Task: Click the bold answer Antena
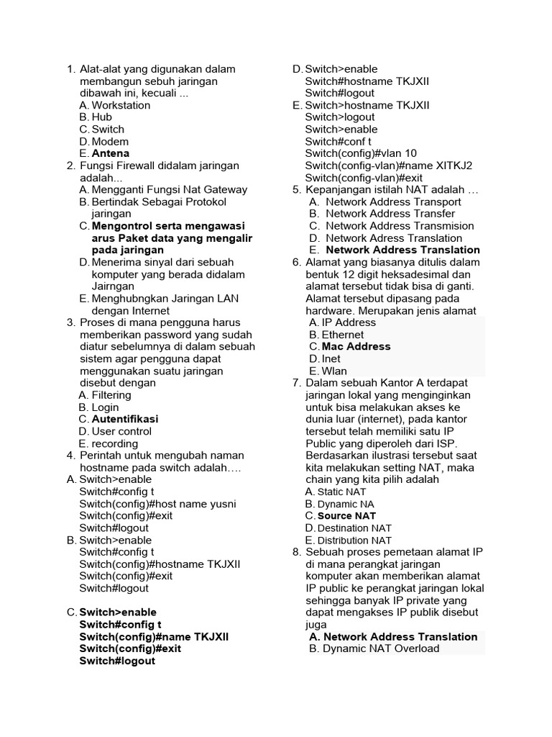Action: coord(111,153)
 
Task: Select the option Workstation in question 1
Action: coord(121,105)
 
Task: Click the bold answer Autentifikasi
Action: coord(125,419)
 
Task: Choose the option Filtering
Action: coord(111,394)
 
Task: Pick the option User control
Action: coord(121,431)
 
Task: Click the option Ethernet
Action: coord(342,335)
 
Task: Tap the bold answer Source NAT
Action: coord(346,515)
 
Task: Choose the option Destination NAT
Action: coord(354,528)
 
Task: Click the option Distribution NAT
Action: coord(354,540)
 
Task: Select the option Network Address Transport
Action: coord(393,202)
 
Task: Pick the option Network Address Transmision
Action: coord(400,225)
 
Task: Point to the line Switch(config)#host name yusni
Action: coord(157,504)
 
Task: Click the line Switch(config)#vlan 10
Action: coord(360,153)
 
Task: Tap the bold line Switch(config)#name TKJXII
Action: coord(154,637)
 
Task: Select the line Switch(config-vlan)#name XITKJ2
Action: coord(388,166)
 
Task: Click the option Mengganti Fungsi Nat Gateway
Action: coord(169,189)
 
